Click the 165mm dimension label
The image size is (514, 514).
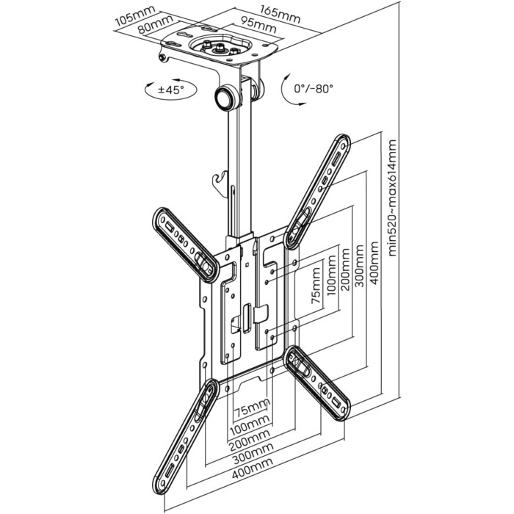(x=280, y=15)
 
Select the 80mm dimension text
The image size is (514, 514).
(x=156, y=24)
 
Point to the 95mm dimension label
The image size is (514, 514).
(x=258, y=24)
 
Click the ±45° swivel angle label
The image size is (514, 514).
(x=171, y=90)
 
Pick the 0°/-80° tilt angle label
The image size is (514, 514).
(x=314, y=88)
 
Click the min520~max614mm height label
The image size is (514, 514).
(x=392, y=198)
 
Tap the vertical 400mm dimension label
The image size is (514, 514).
(x=374, y=263)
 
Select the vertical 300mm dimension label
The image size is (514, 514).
(x=360, y=266)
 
